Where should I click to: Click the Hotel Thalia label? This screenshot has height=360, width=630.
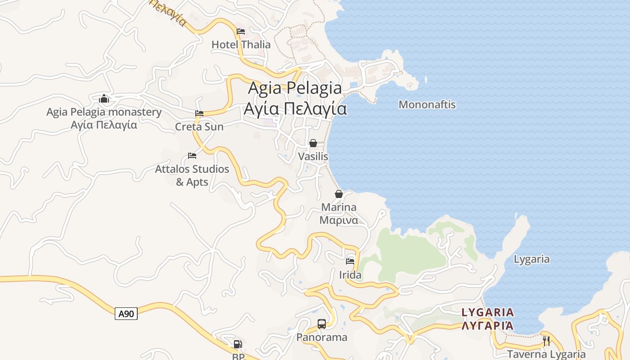point(241,45)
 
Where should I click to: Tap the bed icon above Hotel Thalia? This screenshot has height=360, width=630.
point(241,31)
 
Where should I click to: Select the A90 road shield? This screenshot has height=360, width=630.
point(126,314)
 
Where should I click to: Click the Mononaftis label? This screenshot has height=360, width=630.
point(427,105)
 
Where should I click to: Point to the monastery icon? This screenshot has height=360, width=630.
point(104,99)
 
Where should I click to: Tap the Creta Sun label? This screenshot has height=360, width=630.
point(199,127)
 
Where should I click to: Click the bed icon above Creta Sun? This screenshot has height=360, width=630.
point(199,113)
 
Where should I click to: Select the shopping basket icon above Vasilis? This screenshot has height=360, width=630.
point(313,143)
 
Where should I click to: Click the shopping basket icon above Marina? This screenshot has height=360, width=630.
point(339,194)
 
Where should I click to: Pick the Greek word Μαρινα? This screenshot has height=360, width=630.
point(339,220)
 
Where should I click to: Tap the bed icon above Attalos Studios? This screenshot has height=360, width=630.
point(192,156)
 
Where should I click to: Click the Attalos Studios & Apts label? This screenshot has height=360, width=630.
point(192,175)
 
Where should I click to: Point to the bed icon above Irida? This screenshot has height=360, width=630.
point(350,261)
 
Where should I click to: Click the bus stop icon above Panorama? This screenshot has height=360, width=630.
point(322,324)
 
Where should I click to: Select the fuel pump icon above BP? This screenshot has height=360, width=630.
point(238,344)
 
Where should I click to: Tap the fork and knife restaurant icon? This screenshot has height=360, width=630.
point(546,341)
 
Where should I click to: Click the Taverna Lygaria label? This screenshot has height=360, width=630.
point(546,354)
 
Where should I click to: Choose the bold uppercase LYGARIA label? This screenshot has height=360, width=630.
point(488,312)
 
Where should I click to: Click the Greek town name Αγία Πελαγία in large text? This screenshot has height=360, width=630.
point(295,109)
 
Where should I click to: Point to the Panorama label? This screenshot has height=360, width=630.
point(322,337)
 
